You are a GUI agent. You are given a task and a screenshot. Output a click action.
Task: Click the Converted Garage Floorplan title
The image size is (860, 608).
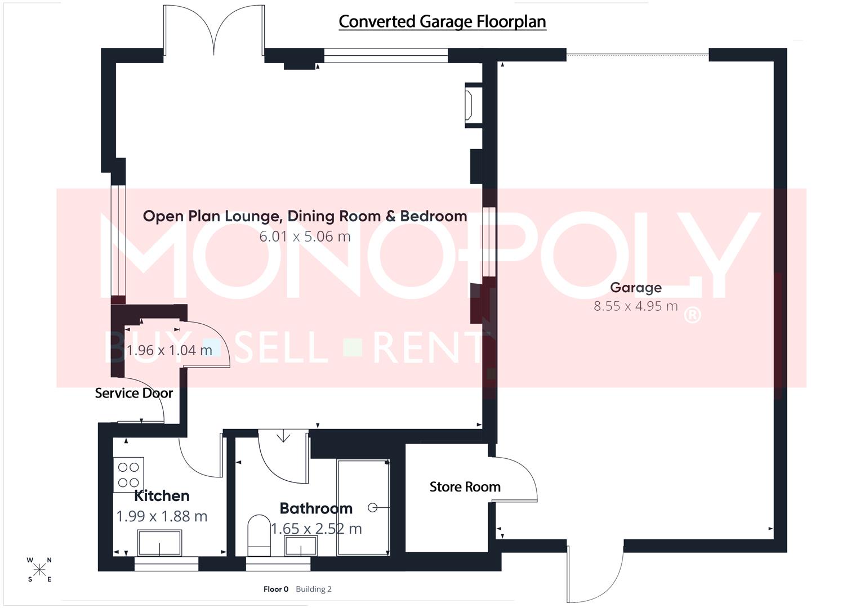(442, 21)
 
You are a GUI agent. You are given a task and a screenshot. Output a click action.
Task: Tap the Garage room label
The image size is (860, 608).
(635, 288)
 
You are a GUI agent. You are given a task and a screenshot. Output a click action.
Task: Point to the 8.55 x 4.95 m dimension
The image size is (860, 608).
(635, 306)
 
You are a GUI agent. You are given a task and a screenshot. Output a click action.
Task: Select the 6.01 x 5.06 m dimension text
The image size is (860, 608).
(305, 236)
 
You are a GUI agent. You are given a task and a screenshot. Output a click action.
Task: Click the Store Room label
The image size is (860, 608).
(465, 487)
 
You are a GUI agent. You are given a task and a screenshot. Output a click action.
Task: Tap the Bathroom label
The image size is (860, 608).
(316, 508)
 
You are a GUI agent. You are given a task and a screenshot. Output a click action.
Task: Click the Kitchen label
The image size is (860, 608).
(162, 496)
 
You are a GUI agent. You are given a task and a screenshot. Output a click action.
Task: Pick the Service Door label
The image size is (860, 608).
(133, 393)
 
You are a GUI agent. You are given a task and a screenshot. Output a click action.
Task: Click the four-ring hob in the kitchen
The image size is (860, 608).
(128, 475)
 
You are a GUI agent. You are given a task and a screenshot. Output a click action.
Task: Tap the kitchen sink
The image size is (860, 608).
(159, 544)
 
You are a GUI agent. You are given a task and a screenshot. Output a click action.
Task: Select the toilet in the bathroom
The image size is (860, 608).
(259, 531)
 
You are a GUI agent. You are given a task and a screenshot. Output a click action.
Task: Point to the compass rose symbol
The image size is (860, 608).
(39, 570)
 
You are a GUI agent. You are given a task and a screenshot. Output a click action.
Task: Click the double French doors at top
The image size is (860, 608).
(213, 31)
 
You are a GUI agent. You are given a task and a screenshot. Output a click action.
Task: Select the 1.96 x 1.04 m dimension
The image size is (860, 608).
(169, 350)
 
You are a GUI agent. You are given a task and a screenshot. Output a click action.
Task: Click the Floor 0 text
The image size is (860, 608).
(276, 589)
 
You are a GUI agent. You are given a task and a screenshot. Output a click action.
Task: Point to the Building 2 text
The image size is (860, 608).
(314, 589)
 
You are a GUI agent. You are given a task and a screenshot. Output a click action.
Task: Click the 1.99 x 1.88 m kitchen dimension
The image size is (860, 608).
(162, 516)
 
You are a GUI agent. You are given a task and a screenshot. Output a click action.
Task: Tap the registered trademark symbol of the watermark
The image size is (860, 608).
(692, 315)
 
